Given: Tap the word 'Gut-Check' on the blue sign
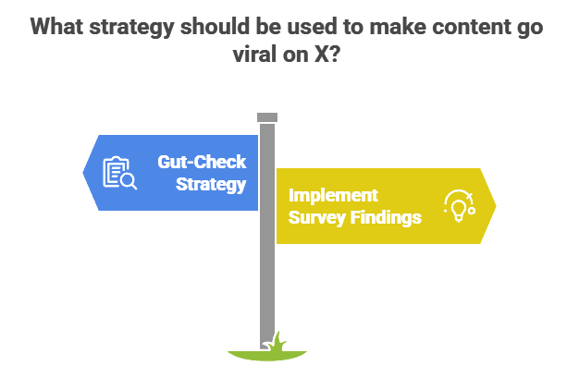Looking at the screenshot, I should click(203, 163).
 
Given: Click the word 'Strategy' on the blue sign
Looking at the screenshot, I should click(212, 184).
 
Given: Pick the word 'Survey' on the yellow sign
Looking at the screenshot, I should click(314, 218).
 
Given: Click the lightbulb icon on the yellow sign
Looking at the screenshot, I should click(458, 204).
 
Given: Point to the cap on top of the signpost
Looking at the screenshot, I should click(267, 116).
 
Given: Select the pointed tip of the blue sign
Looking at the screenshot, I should click(83, 172).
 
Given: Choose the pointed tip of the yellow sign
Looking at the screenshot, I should click(497, 205).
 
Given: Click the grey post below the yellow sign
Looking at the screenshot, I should click(267, 286).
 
